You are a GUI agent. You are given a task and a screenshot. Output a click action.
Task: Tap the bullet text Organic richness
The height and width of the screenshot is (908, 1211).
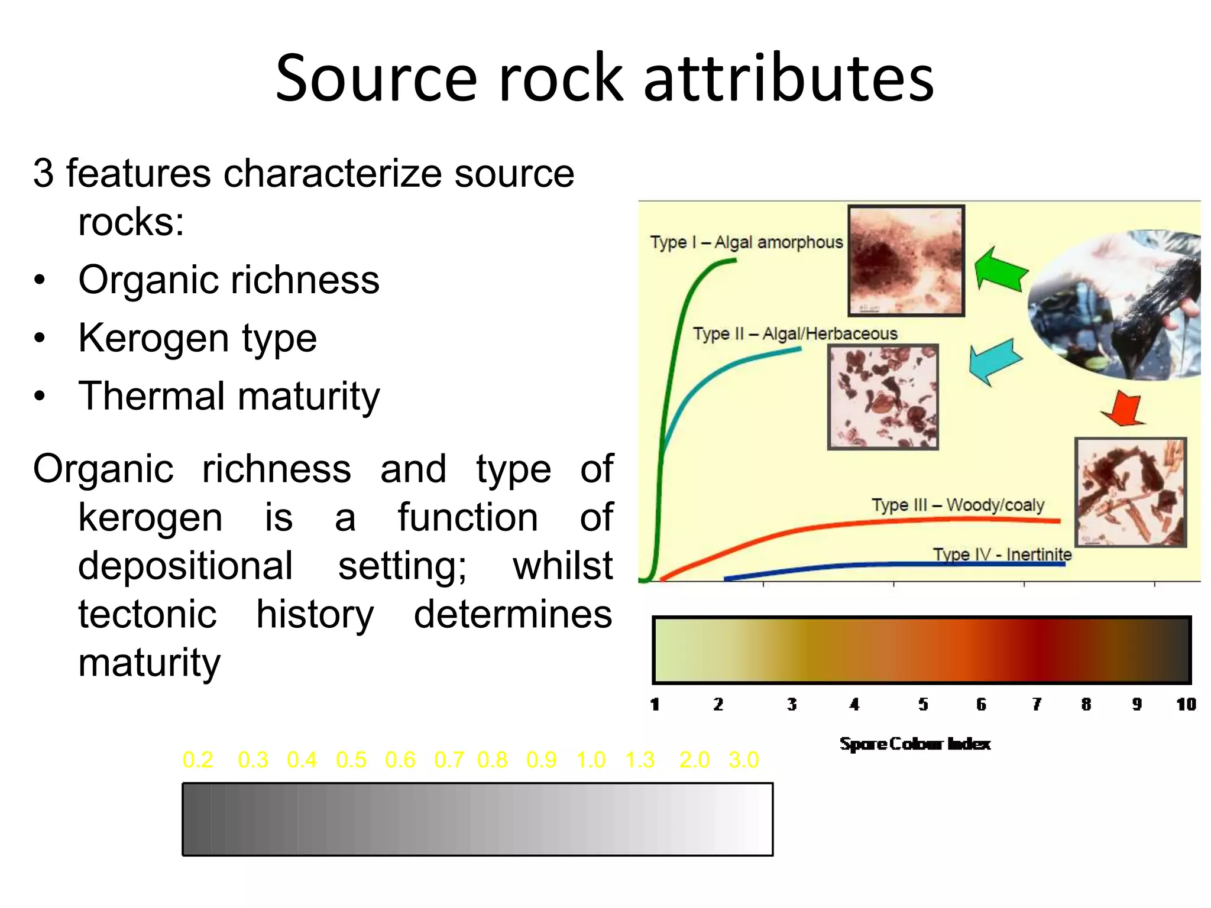click(229, 280)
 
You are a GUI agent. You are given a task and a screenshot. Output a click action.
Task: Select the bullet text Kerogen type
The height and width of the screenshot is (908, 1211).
click(197, 338)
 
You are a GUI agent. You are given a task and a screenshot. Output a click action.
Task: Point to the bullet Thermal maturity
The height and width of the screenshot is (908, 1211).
click(229, 396)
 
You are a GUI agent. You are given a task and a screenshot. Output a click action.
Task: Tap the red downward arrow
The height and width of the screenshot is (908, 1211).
click(1123, 408)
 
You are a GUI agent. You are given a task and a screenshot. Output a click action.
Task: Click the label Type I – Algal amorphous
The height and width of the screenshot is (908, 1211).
click(746, 242)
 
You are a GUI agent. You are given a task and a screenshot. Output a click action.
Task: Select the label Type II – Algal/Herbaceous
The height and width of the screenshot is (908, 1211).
click(795, 334)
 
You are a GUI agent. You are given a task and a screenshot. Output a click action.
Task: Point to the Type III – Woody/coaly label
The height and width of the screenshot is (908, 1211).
click(958, 505)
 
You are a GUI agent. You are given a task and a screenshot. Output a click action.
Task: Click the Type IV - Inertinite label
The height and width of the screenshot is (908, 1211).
click(1002, 554)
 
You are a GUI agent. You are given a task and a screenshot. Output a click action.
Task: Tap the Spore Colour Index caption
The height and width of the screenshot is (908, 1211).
click(915, 744)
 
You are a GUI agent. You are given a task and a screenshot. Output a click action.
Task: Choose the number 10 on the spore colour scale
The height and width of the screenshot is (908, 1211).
click(1186, 704)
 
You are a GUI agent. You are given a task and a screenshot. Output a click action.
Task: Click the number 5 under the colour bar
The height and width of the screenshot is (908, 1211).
click(923, 704)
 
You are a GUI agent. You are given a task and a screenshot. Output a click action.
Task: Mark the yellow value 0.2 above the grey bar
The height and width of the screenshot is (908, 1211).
click(197, 760)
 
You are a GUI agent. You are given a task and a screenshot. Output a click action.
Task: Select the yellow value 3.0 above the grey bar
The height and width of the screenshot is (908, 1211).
click(743, 760)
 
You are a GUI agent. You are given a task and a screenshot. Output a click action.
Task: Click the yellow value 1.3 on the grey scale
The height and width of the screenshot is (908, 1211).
click(640, 760)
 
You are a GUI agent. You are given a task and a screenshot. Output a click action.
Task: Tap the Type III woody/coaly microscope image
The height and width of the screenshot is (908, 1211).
click(1130, 492)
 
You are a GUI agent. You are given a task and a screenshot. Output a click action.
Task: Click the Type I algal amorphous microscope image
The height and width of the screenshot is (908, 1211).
click(906, 261)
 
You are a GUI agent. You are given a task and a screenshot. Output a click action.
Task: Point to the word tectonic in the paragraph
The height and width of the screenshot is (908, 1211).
click(147, 614)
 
